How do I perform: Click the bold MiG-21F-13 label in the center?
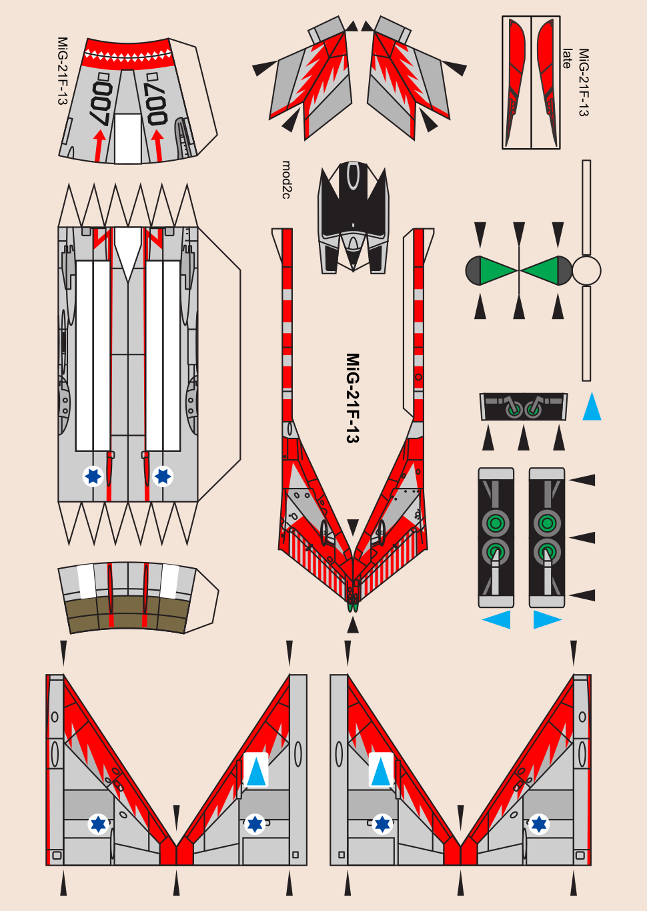(x=352, y=398)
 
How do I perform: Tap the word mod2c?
(x=286, y=180)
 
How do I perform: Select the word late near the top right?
(x=567, y=59)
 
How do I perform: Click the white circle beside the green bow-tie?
(x=586, y=271)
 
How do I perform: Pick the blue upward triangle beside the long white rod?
(x=592, y=408)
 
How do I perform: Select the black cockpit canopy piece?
(x=354, y=200)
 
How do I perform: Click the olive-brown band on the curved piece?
(x=127, y=613)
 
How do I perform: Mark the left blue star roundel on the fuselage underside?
(x=93, y=476)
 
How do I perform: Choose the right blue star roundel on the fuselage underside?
(x=163, y=476)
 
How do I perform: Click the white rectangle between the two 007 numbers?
(x=127, y=138)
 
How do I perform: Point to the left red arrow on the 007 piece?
(x=99, y=144)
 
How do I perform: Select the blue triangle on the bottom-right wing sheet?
(x=381, y=771)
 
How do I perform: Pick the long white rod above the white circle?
(x=586, y=207)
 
